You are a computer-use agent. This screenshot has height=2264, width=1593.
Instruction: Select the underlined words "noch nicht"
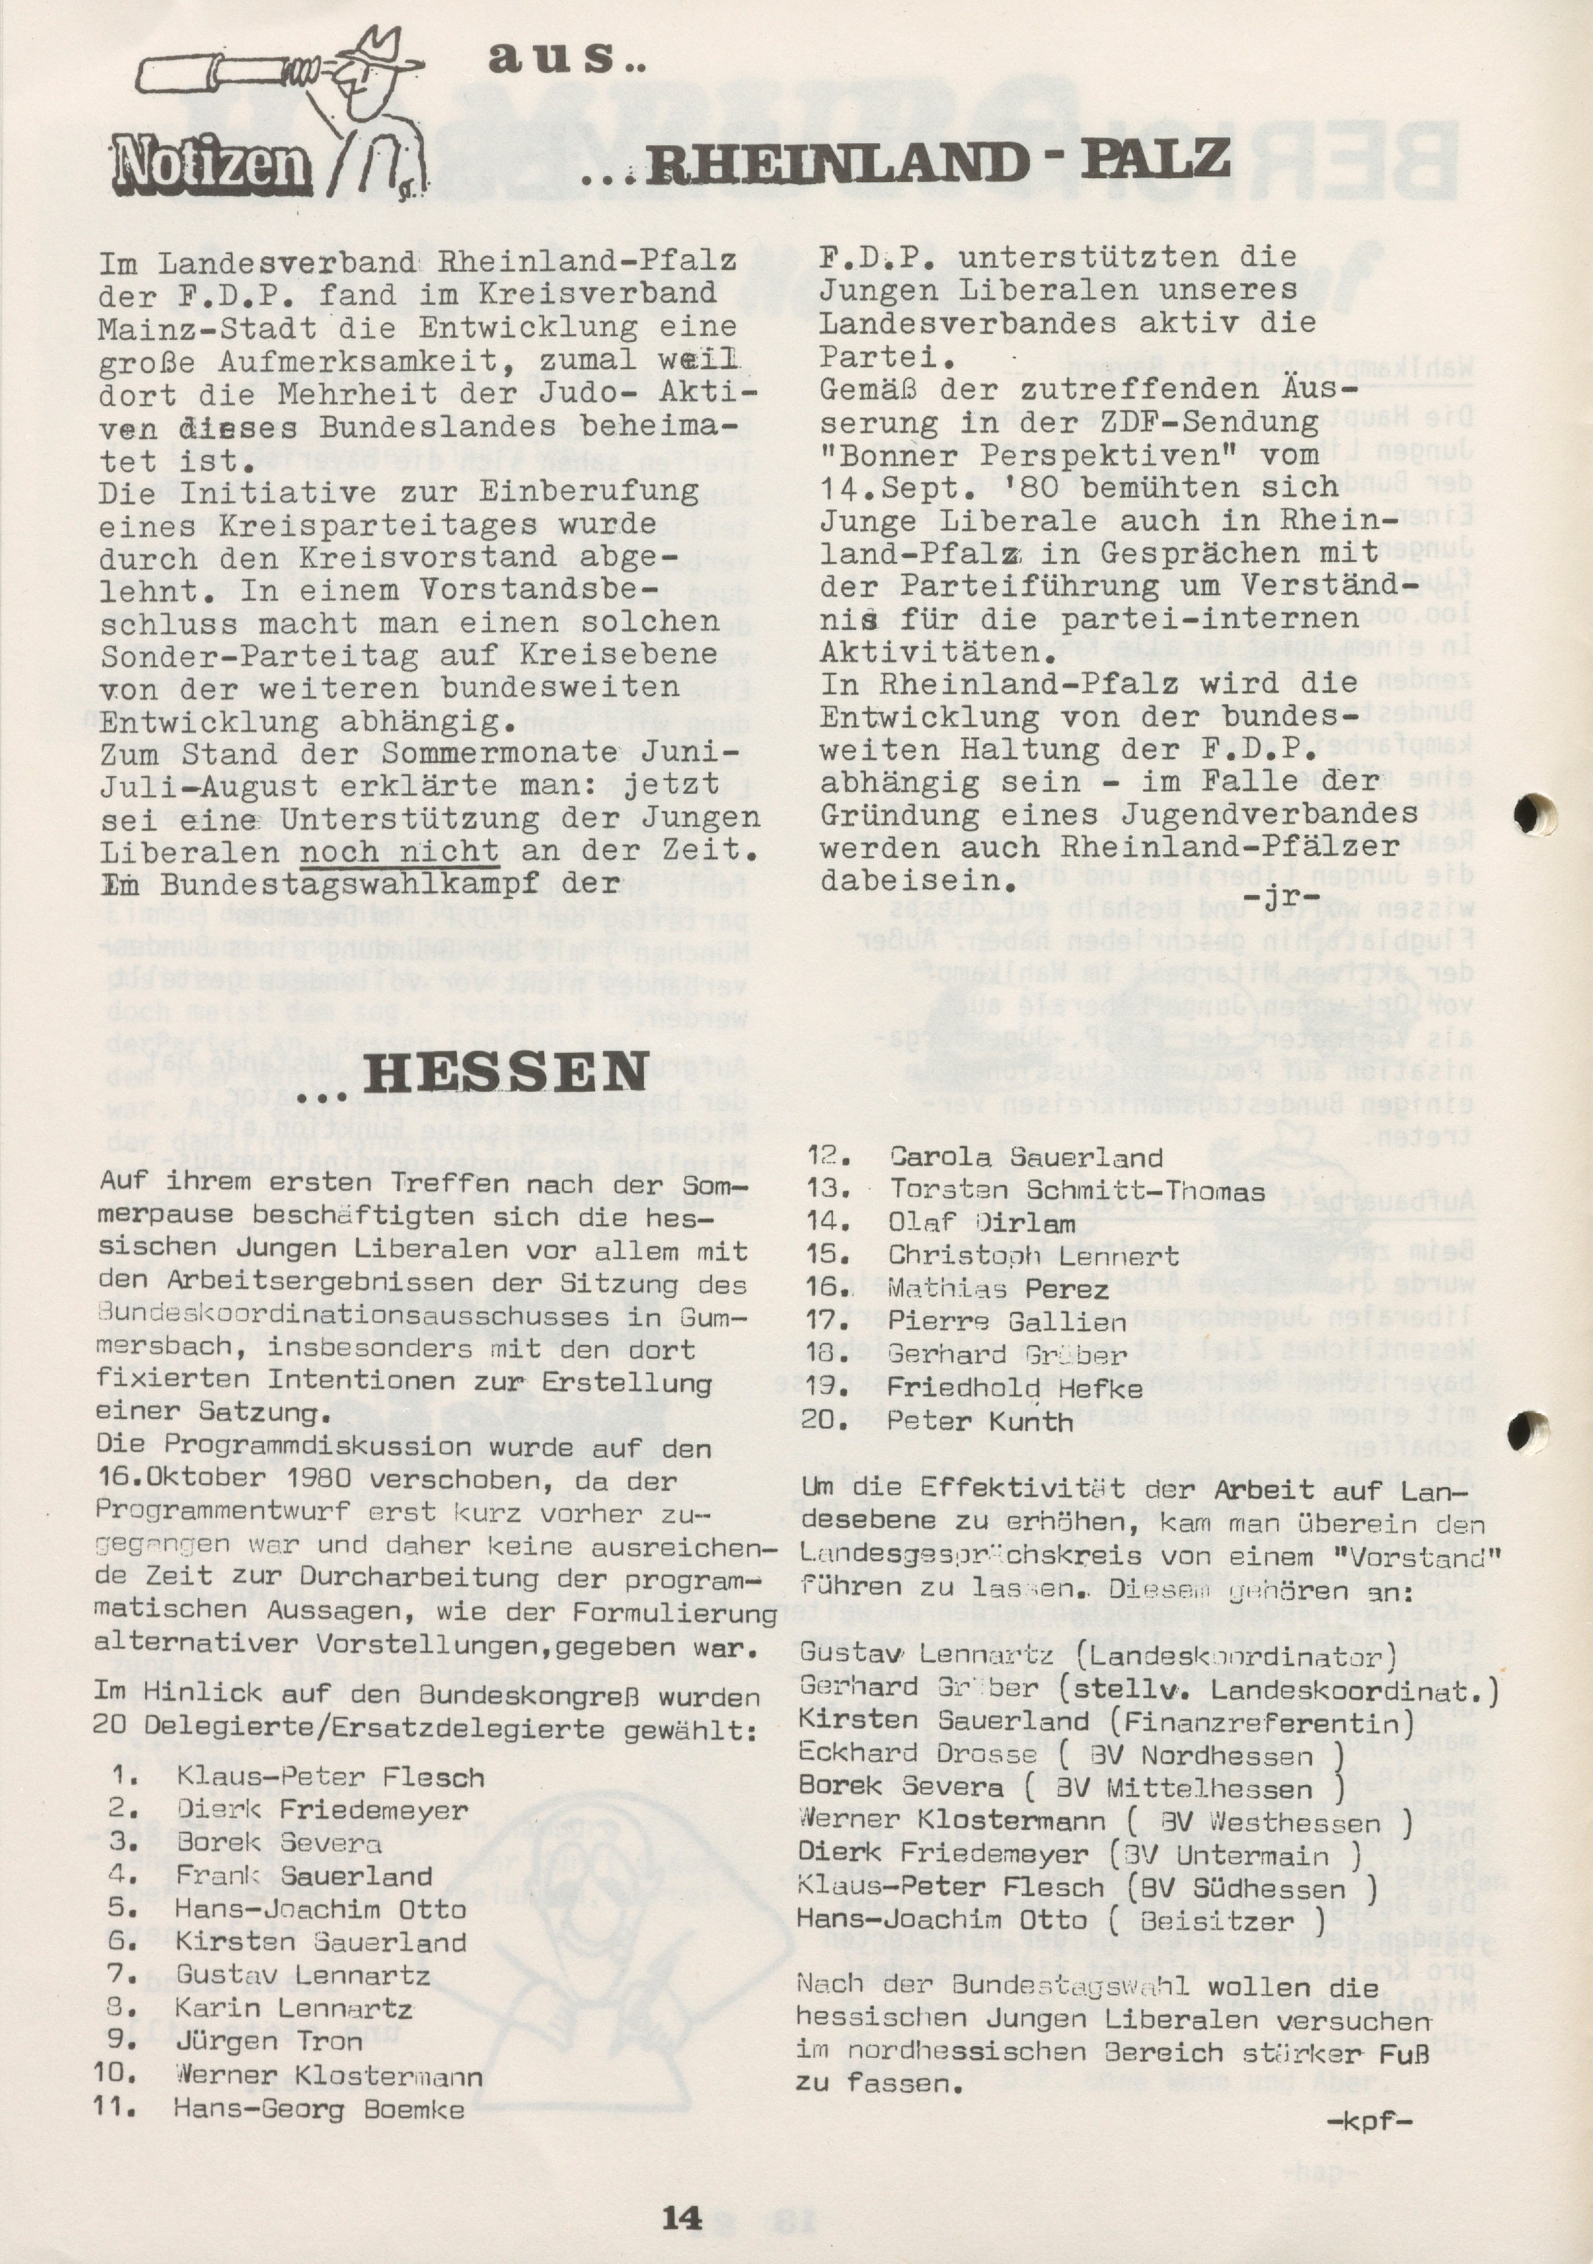[399, 852]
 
